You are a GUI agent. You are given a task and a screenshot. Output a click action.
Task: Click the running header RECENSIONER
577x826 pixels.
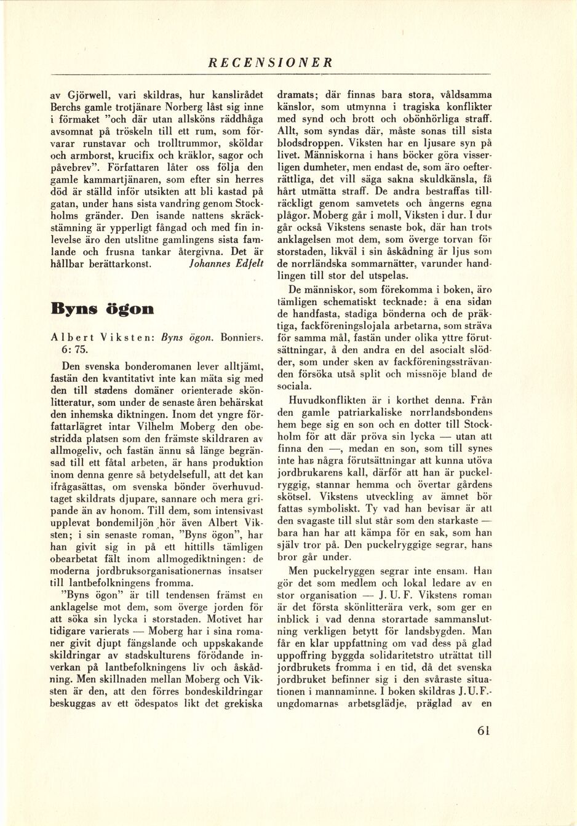pos(271,63)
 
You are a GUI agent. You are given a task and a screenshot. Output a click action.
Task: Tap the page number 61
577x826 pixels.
pos(483,731)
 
